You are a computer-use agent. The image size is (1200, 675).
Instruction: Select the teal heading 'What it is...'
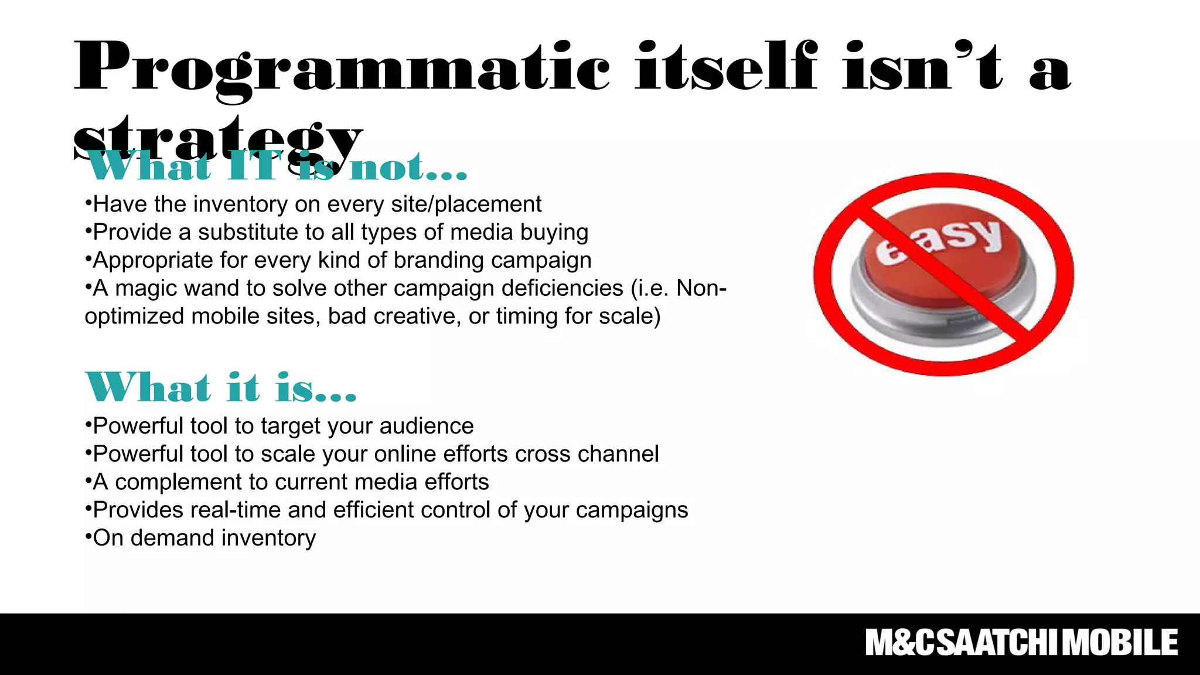point(221,388)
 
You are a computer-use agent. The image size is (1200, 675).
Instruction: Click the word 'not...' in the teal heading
point(408,168)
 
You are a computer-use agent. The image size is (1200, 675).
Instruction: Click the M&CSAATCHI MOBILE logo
point(1021,643)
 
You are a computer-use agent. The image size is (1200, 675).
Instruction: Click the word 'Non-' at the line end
point(701,288)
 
